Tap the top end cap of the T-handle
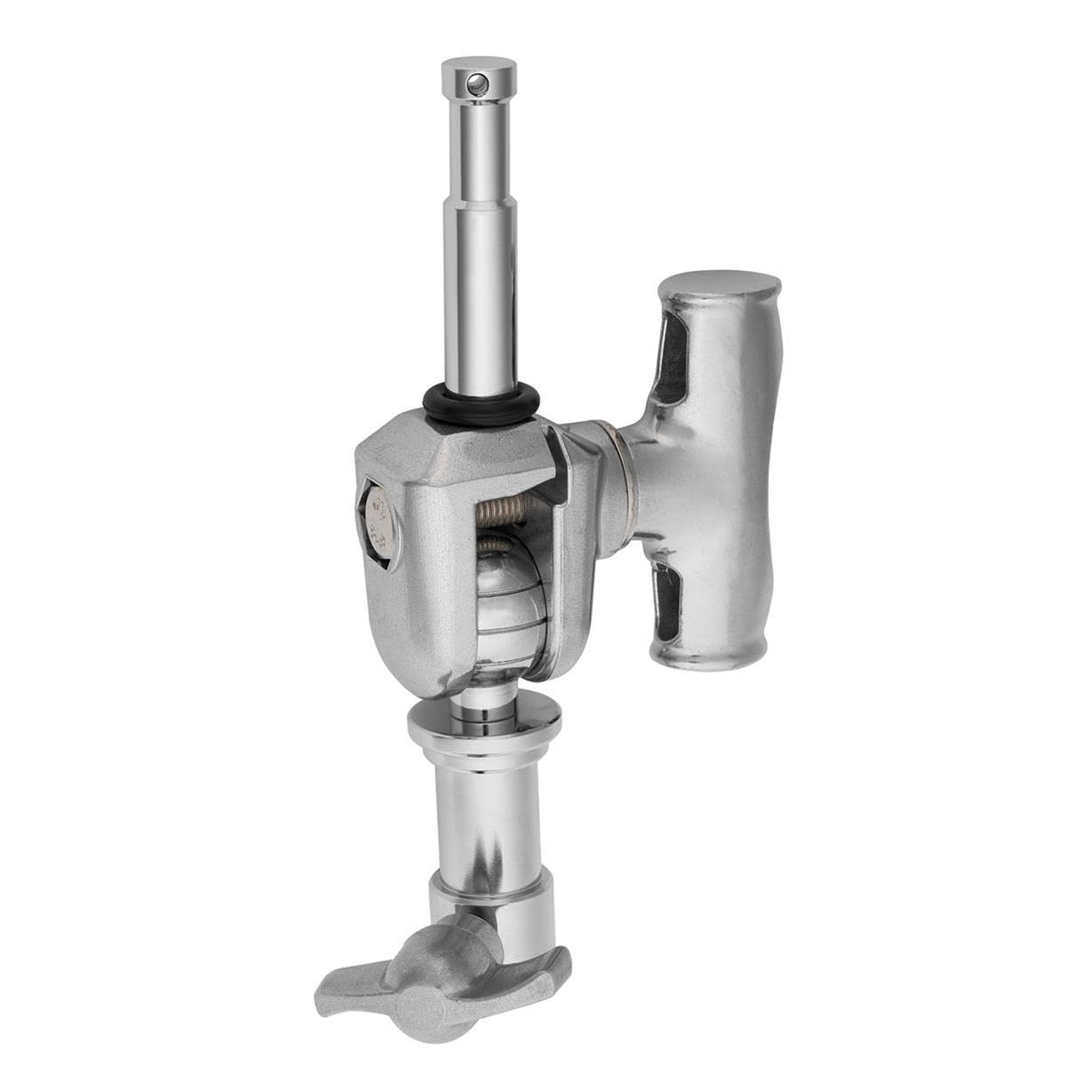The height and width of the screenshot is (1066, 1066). tap(720, 291)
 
